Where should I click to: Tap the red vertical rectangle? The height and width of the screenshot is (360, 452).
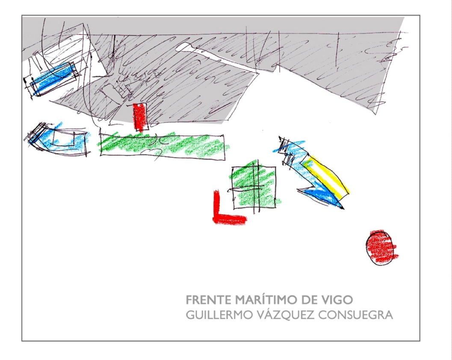[140, 117]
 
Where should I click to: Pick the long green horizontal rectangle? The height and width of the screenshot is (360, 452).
[162, 145]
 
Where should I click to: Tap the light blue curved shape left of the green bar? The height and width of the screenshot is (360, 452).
[58, 139]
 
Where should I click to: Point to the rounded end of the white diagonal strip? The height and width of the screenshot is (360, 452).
[180, 47]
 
